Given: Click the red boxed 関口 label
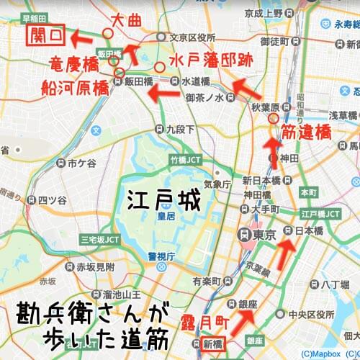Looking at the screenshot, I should pyautogui.click(x=44, y=34).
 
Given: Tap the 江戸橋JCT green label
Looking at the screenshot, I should pyautogui.click(x=320, y=214).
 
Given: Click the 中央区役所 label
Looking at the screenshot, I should pyautogui.click(x=313, y=315).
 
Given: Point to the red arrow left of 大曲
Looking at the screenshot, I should pyautogui.click(x=87, y=33).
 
